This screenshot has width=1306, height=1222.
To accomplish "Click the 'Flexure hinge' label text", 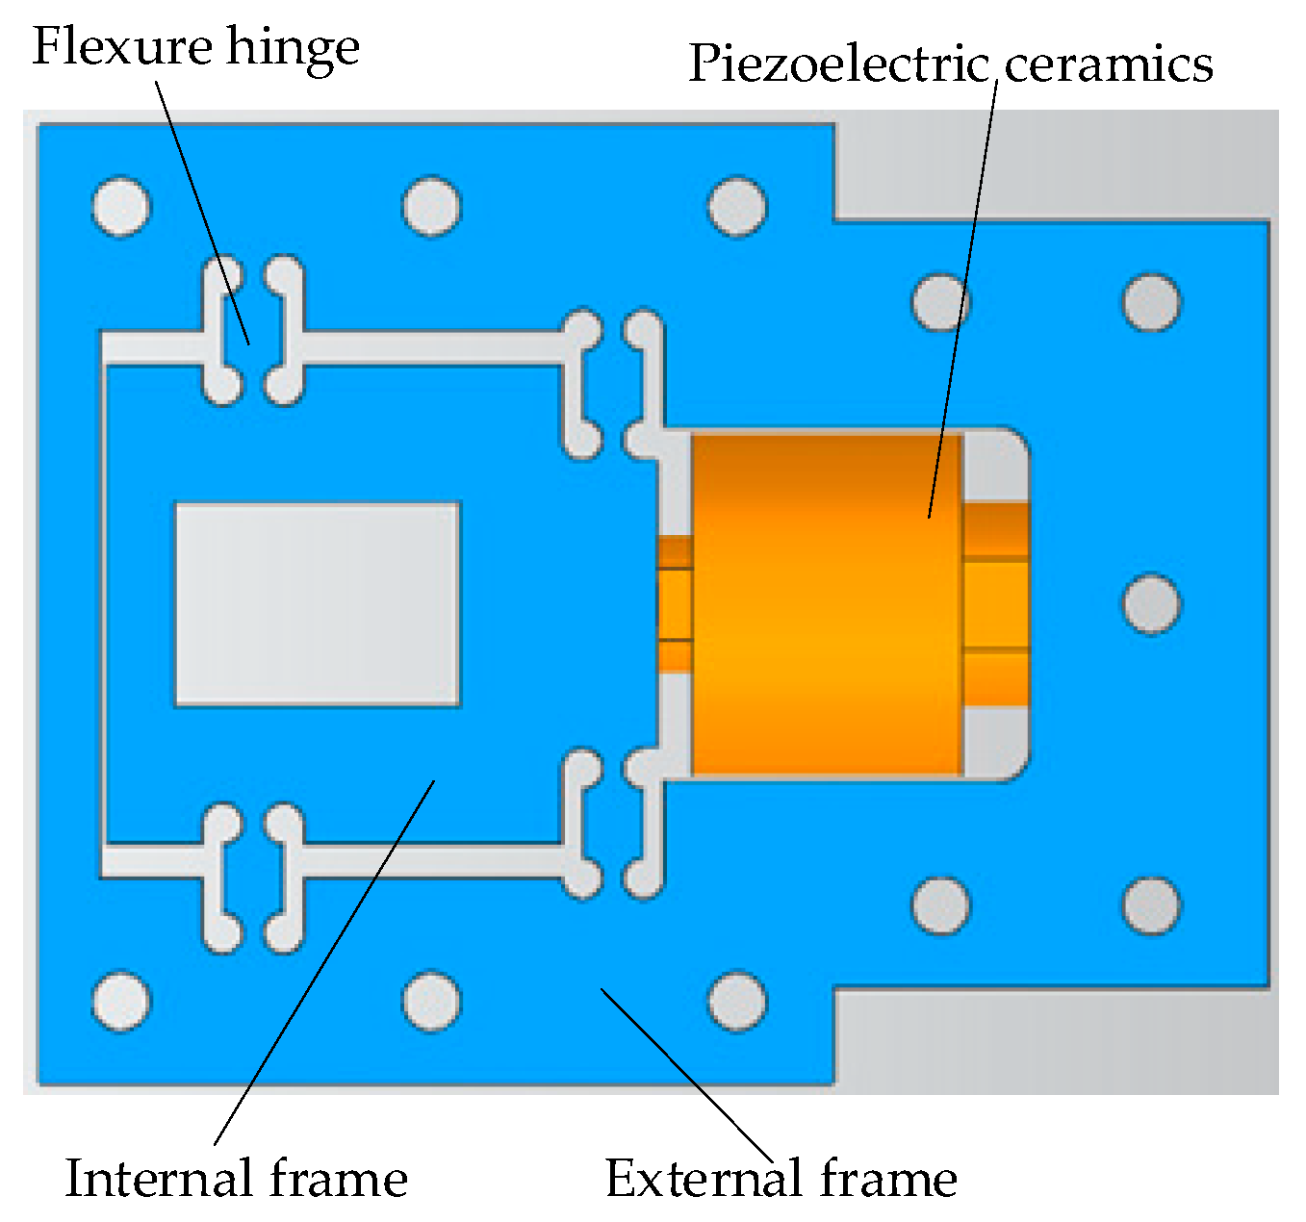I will (196, 48).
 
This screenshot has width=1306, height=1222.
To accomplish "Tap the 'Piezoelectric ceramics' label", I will (950, 64).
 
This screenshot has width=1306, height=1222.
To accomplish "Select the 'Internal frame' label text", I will (236, 1179).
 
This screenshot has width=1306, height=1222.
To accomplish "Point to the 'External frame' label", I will (781, 1179).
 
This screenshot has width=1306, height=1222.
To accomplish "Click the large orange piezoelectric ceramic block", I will (826, 604).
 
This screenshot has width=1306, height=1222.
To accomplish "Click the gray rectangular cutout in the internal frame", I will (317, 604).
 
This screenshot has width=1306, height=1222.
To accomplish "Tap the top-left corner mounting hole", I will (122, 206).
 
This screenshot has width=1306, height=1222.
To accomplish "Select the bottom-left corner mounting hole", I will (122, 1001).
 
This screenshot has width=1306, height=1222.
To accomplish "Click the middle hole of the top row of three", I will (431, 206).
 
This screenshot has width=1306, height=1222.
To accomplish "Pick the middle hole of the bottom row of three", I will (431, 1001).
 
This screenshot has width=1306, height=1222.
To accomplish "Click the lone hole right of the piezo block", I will (1151, 604).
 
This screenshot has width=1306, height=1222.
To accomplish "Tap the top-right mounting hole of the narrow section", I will (1151, 302).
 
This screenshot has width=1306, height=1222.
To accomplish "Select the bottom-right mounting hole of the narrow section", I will (1151, 905).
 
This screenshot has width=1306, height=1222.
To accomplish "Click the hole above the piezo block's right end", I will (940, 302).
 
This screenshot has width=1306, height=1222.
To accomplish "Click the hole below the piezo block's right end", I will (940, 905).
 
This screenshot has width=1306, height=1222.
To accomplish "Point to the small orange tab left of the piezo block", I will (675, 604).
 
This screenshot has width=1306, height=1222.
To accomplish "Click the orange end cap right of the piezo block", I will (996, 604).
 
